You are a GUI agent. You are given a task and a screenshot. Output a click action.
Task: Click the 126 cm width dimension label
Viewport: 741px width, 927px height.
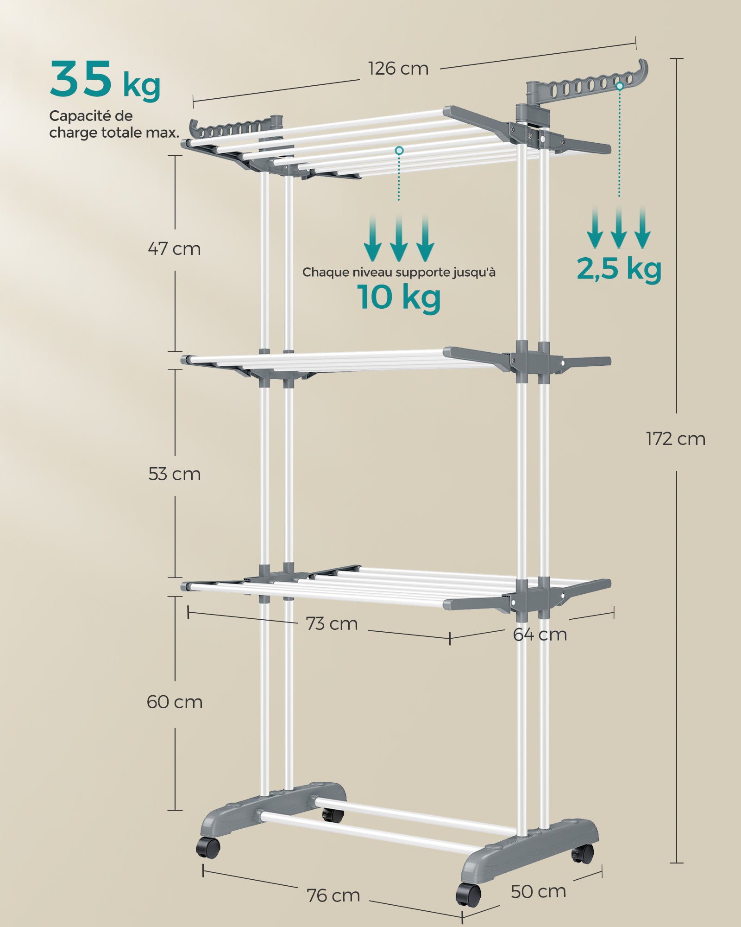coord(398,69)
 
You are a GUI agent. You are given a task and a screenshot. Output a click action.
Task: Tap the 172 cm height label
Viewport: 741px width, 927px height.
coord(675,439)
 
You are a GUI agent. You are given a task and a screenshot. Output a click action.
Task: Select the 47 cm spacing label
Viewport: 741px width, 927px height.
coord(174,249)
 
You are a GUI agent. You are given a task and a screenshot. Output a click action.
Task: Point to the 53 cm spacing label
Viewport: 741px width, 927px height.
coord(174,474)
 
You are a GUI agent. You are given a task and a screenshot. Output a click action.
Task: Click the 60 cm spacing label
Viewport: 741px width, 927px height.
coord(174,702)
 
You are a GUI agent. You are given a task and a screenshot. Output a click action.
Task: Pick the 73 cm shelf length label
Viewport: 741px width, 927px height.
coord(332,624)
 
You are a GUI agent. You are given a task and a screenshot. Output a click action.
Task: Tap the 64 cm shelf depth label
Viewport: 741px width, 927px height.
coord(540,635)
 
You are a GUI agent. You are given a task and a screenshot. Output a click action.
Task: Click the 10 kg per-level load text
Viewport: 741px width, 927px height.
coord(399,297)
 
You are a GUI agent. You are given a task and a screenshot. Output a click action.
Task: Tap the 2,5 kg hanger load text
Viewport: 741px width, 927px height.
coord(619,269)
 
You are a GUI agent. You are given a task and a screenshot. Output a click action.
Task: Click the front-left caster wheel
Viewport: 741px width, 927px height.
coord(208,848)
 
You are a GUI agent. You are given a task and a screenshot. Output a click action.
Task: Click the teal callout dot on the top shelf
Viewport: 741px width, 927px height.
coord(399,150)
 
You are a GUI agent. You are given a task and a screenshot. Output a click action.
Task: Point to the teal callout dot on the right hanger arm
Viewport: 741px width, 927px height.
coord(620,86)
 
